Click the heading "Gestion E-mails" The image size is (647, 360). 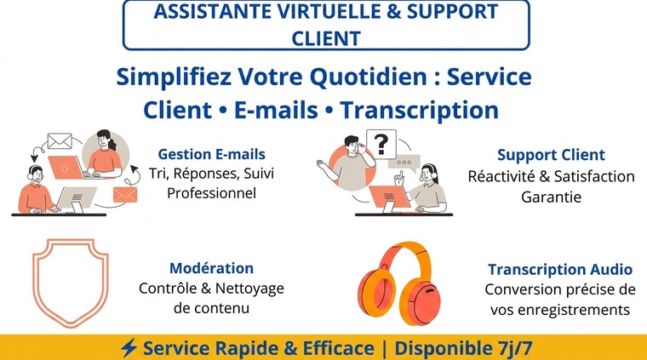(212, 154)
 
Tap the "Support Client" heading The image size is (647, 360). (551, 155)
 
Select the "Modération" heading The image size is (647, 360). (212, 268)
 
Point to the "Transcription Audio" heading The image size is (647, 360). (560, 269)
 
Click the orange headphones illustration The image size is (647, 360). (399, 283)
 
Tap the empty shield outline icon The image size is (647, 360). (71, 283)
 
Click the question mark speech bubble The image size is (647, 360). (381, 145)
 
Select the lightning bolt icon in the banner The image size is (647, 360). (129, 348)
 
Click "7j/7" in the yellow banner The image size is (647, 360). (512, 348)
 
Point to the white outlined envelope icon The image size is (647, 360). (60, 141)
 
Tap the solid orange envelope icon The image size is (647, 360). (125, 195)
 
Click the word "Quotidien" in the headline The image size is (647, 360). (369, 77)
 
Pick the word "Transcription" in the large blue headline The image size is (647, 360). (420, 110)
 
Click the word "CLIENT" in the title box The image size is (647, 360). (326, 38)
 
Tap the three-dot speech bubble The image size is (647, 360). (404, 162)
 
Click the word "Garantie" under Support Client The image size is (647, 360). (552, 197)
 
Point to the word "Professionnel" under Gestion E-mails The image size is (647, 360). (212, 193)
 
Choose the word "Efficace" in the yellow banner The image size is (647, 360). (338, 348)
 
